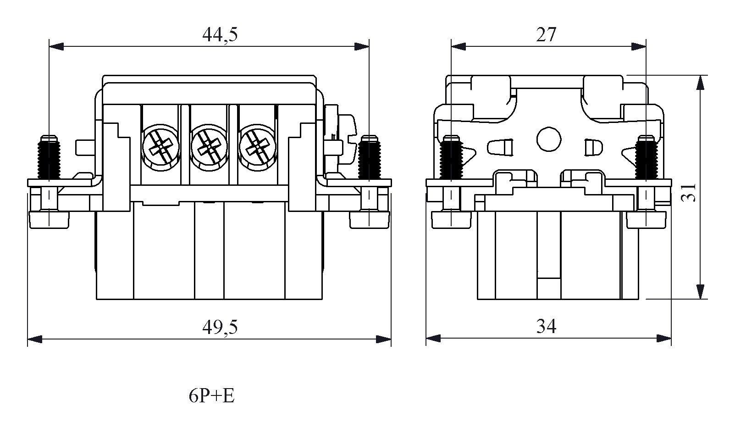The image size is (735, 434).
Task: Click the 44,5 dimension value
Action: tap(220, 35)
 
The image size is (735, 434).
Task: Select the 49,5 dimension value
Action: tap(220, 327)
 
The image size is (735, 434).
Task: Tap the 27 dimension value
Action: tap(546, 35)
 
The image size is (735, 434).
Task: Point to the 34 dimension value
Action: tap(546, 327)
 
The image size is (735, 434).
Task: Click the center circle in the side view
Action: tap(549, 139)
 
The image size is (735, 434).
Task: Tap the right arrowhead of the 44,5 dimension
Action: tap(362, 46)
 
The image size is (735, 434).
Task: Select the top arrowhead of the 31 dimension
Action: tap(700, 83)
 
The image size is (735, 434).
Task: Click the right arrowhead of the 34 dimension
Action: tap(664, 339)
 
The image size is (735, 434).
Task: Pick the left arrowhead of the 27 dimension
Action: tap(458, 46)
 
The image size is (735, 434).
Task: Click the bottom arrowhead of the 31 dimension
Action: tap(700, 292)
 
